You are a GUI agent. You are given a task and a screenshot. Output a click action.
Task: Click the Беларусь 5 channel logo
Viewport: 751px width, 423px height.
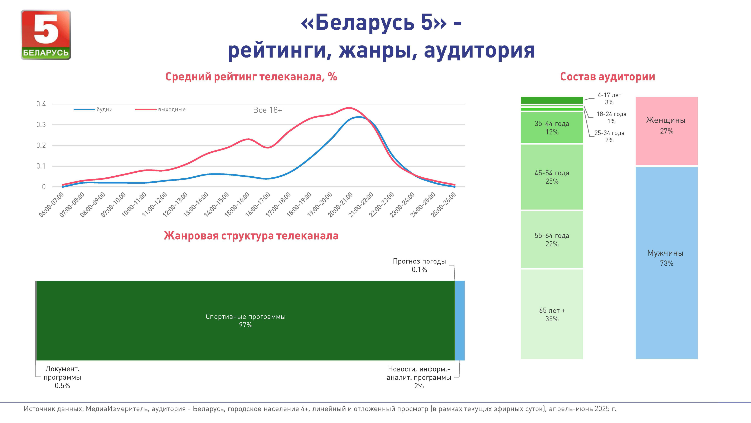pos(46,35)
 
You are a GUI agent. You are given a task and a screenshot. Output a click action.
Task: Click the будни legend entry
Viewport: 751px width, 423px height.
pos(93,109)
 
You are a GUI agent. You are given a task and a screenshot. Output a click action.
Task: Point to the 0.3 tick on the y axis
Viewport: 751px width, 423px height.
pos(41,125)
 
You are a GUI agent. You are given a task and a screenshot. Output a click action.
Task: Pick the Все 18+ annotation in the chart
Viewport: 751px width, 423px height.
pos(267,110)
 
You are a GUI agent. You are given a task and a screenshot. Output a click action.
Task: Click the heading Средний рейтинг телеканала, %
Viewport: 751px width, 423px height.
pos(251,77)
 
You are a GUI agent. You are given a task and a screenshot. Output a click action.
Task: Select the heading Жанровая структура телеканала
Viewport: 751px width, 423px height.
pos(251,235)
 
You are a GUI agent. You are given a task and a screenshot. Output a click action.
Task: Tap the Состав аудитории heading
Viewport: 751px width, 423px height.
pos(607,77)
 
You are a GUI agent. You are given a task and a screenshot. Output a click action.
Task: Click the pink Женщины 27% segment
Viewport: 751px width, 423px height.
pos(667,131)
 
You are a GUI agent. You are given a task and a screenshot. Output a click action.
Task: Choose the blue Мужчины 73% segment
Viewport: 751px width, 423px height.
pos(667,263)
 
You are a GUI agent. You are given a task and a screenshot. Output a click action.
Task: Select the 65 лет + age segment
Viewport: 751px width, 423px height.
pos(552,314)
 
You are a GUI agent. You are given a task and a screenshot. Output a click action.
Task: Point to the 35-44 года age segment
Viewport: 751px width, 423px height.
pos(552,128)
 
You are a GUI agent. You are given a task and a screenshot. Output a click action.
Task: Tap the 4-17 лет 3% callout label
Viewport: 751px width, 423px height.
pos(609,98)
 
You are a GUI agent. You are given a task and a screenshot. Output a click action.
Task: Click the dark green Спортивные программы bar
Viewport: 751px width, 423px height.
pos(246,320)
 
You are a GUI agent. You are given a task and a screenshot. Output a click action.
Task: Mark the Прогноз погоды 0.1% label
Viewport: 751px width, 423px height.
pos(419,265)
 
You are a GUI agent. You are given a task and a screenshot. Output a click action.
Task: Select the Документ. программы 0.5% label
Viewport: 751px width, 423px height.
pos(62,377)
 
